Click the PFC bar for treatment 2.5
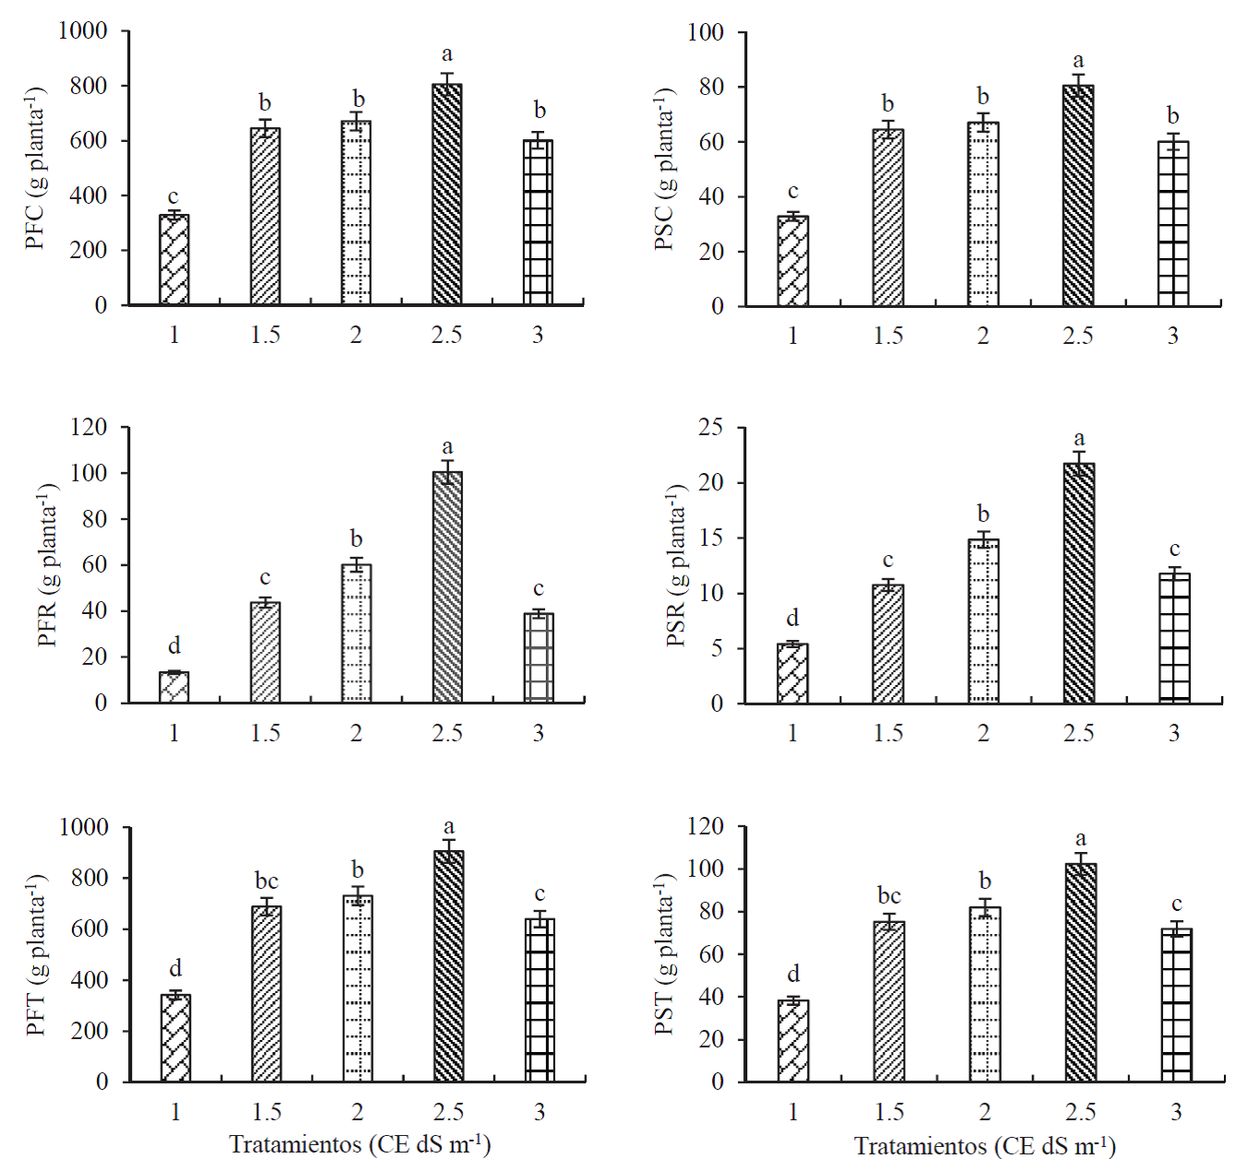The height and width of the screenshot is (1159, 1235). point(447,194)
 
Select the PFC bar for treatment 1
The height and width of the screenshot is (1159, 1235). point(174,260)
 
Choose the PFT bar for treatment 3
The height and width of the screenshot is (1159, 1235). point(540,999)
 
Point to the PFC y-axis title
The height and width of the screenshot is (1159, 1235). point(35,169)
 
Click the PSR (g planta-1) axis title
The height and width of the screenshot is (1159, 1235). point(677,565)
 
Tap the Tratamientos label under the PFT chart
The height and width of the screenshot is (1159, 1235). point(360,1144)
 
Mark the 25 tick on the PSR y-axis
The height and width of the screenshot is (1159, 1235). point(710,428)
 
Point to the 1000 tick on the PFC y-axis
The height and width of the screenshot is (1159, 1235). point(83,30)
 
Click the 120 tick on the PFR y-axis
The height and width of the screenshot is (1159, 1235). point(89,427)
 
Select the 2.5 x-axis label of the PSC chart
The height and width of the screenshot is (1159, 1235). point(1077,336)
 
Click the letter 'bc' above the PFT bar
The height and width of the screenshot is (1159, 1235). point(266,881)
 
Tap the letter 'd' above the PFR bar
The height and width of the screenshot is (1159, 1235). point(173,645)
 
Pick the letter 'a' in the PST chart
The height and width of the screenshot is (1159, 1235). point(1080,839)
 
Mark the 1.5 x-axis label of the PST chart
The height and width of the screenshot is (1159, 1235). point(889,1112)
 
